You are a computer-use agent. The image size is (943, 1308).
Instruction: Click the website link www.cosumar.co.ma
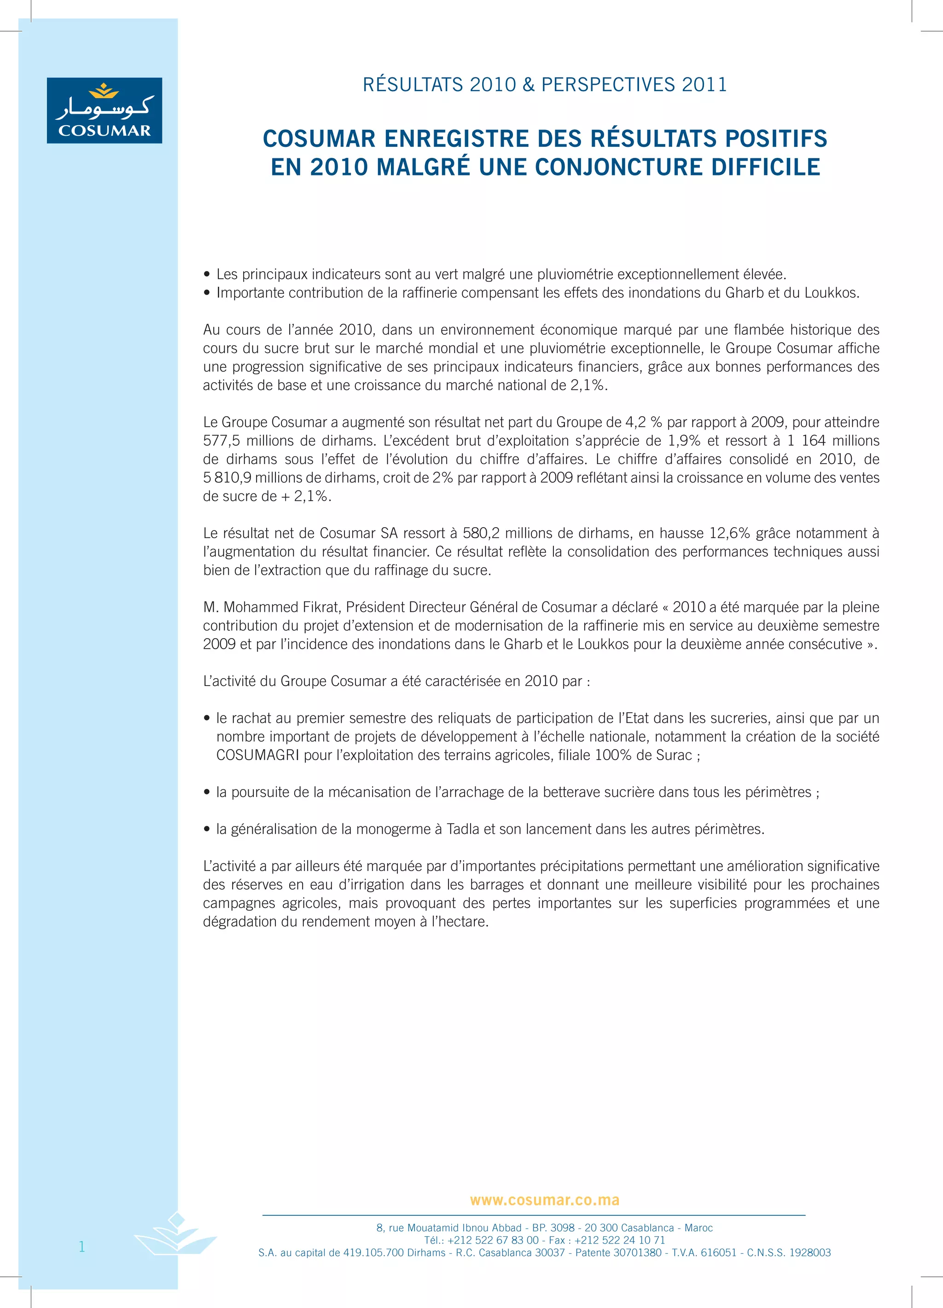[x=544, y=1200]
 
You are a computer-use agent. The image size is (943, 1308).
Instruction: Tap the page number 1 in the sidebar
[x=82, y=1247]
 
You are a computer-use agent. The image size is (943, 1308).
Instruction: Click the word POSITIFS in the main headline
[x=776, y=139]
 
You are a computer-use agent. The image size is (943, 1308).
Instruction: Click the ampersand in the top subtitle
[x=528, y=85]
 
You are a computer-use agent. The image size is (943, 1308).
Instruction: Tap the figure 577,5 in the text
[x=221, y=441]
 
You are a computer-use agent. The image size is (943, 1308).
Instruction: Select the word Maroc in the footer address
[x=699, y=1228]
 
